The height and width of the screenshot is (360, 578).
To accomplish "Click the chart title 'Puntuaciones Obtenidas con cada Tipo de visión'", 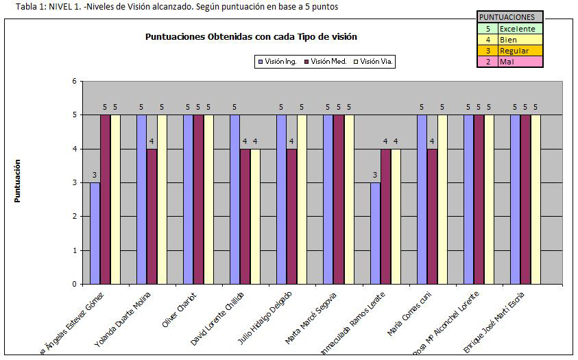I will coord(250,37).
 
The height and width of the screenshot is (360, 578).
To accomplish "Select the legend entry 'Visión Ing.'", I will coord(277,62).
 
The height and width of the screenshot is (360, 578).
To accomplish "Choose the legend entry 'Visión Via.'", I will coord(374,62).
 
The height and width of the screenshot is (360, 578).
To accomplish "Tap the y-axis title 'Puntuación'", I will coord(18,181).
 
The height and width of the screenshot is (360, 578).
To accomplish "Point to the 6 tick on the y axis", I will coord(74,82).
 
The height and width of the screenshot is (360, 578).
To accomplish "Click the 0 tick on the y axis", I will coord(74,284).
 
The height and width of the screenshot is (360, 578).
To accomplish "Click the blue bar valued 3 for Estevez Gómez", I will coord(95,233).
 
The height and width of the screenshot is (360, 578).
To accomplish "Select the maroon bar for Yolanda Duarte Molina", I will coord(152,216).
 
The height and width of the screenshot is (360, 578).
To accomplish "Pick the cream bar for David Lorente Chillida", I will coord(255,216).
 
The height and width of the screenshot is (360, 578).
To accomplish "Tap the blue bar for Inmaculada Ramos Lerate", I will coord(375,233).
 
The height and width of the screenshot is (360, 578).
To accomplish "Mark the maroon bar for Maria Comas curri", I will coord(432,216).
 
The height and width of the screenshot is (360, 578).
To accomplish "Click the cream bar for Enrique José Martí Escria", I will coord(535,199).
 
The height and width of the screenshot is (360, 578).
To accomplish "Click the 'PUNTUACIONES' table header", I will coord(509,17).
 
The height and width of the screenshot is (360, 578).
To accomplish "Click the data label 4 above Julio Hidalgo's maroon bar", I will coord(291,142).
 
